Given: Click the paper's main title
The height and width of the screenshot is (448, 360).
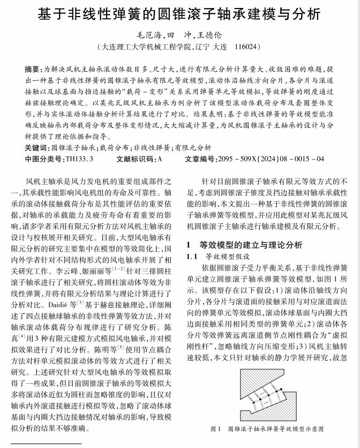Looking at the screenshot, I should pos(180,14).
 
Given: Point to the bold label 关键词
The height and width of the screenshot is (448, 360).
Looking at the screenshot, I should pos(36,148).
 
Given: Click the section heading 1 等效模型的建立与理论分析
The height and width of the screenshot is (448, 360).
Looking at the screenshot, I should pos(244,245).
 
